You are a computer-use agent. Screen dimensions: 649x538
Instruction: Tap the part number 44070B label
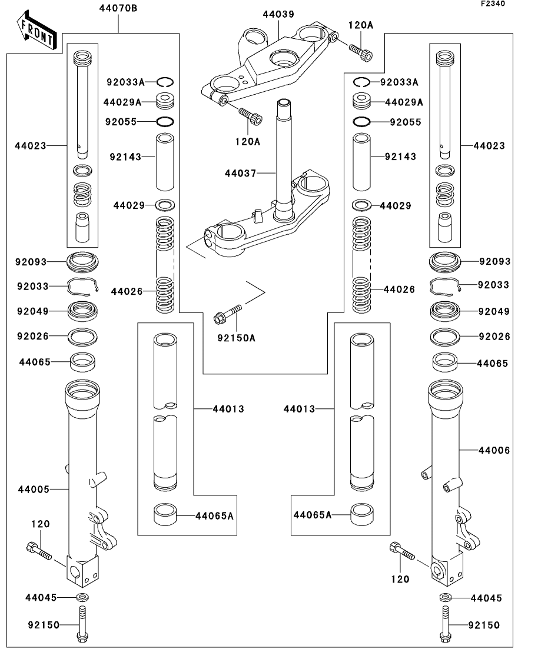coord(119,8)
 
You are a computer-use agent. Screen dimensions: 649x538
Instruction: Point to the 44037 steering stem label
coord(241,174)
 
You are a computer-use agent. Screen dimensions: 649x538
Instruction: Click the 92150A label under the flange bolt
coord(236,338)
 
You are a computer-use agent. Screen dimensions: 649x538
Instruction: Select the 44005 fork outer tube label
coord(34,489)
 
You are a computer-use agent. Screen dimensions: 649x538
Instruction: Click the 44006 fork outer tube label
coord(494,450)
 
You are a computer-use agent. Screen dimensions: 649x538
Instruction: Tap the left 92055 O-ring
coord(165,122)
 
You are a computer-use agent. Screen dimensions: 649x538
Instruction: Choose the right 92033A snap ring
coord(361,82)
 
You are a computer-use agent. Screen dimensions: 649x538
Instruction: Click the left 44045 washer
coord(82,598)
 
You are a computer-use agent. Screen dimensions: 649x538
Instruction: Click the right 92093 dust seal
coord(446,261)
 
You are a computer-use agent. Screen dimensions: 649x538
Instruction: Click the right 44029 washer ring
coord(361,206)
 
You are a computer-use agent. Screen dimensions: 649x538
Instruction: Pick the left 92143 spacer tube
coord(165,162)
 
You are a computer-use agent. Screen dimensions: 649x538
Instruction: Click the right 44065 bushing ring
coord(446,362)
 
